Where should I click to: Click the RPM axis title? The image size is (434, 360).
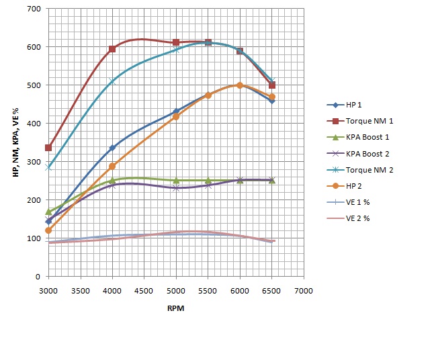click(x=175, y=308)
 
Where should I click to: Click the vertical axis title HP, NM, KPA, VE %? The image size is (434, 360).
click(x=15, y=143)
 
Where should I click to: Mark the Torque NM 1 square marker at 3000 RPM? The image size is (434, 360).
click(x=48, y=148)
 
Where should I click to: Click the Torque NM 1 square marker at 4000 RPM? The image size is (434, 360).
click(x=112, y=49)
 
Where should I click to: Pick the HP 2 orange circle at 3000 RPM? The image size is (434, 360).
click(x=48, y=230)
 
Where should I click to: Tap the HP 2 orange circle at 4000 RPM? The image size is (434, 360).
click(x=112, y=166)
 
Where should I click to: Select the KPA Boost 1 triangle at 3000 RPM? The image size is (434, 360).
click(x=48, y=212)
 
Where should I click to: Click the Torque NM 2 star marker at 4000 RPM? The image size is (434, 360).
click(x=112, y=81)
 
